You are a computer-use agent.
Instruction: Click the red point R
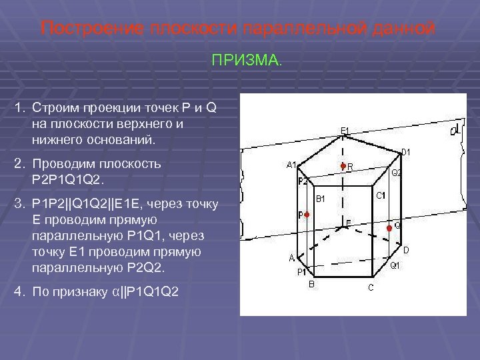[343, 165]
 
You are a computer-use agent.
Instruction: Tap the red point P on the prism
[307, 215]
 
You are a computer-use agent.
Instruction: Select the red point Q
[389, 227]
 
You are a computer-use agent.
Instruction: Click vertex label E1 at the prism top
[344, 130]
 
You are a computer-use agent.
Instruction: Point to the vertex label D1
[405, 153]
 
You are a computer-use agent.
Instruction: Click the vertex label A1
[291, 165]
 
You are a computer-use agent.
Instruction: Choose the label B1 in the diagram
[320, 199]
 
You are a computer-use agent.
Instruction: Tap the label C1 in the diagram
[380, 195]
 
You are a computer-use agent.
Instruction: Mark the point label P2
[303, 181]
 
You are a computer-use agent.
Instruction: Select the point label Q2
[396, 173]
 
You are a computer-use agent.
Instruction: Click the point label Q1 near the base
[394, 266]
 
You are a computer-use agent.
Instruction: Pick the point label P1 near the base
[301, 272]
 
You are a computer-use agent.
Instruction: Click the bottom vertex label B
[311, 284]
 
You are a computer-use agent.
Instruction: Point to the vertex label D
[405, 250]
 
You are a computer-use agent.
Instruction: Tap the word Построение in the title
[84, 29]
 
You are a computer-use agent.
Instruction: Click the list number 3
[20, 202]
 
